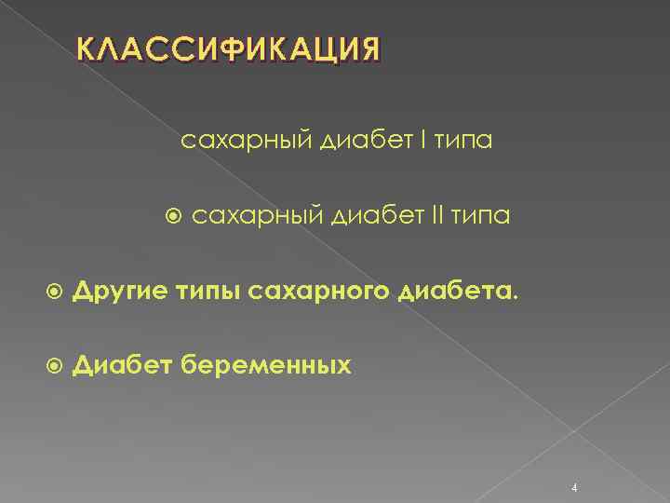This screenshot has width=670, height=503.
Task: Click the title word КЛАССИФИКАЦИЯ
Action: pyautogui.click(x=229, y=49)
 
